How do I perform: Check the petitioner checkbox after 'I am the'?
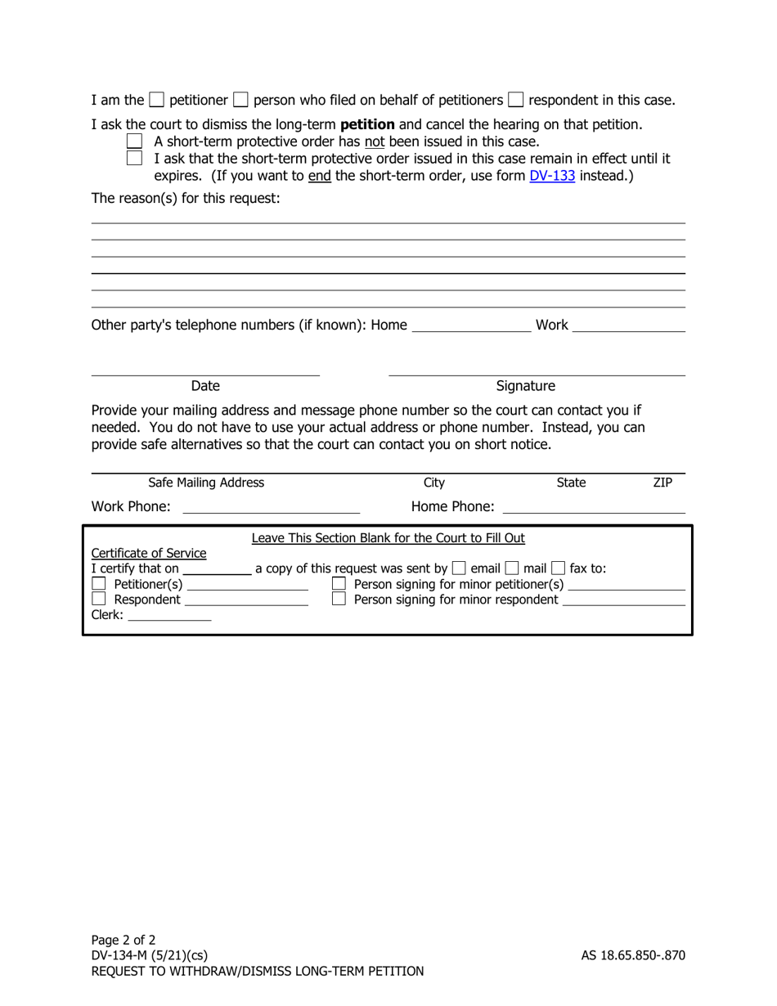[x=157, y=101]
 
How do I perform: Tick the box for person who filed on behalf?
[x=241, y=101]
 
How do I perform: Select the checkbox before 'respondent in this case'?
[x=516, y=101]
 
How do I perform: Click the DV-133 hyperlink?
[x=552, y=175]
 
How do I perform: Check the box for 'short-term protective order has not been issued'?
[x=135, y=141]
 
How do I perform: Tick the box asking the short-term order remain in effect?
[x=135, y=158]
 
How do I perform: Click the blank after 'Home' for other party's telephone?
[x=471, y=326]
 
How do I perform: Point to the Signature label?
[x=526, y=386]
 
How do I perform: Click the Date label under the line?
[x=205, y=386]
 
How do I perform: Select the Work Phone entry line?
[x=271, y=507]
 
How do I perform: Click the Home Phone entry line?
[x=593, y=507]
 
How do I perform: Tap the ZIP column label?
[x=662, y=483]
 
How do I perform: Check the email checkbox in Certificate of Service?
[x=459, y=568]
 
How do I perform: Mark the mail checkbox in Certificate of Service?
[x=512, y=568]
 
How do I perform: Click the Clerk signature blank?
[x=169, y=616]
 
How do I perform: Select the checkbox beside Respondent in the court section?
[x=99, y=600]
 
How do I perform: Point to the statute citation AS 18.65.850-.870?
[x=633, y=955]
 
